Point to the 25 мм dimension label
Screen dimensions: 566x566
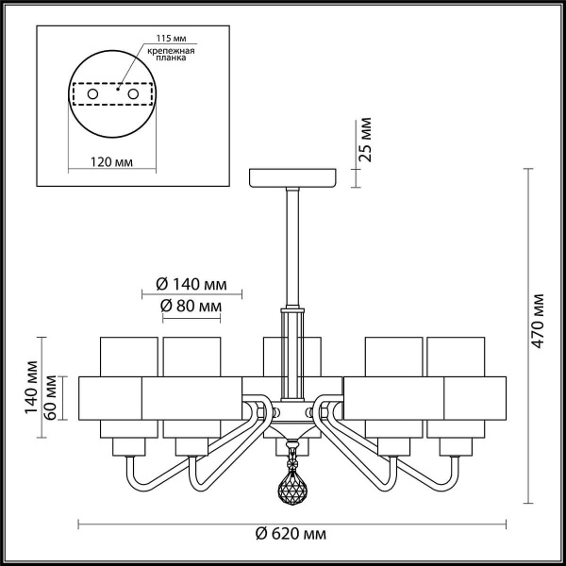[x=366, y=140]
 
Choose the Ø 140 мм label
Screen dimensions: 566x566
[x=191, y=284]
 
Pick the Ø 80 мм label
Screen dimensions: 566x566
[x=191, y=307]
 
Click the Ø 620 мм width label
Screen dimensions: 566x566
[x=291, y=534]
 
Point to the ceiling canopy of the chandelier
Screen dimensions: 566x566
[x=292, y=178]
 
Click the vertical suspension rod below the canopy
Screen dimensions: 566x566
[x=292, y=245]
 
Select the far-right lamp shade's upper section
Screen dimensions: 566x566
[x=455, y=356]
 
